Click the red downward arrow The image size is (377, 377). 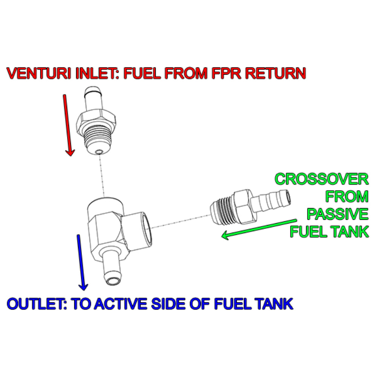pyautogui.click(x=68, y=124)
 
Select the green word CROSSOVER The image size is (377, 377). pyautogui.click(x=322, y=179)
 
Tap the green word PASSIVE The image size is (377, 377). pyautogui.click(x=337, y=214)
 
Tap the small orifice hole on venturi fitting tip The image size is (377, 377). pyautogui.click(x=98, y=152)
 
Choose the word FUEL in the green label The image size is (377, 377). pyautogui.click(x=305, y=231)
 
